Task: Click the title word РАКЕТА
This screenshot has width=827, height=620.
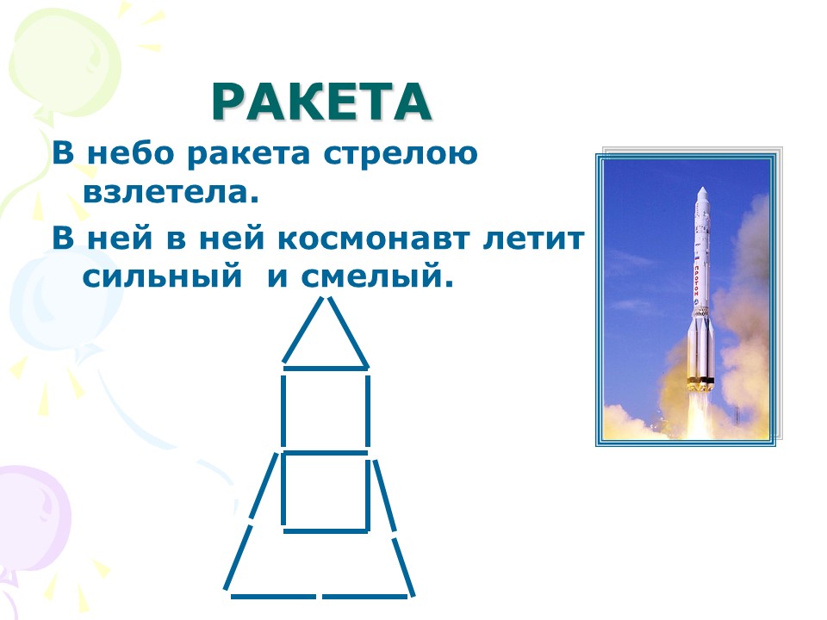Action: [321, 102]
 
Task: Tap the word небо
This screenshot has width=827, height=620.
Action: [130, 153]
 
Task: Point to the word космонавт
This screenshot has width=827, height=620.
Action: [373, 239]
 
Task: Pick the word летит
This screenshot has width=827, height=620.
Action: [533, 239]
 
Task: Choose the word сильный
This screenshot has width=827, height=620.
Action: [162, 276]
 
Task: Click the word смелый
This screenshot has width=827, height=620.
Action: [377, 276]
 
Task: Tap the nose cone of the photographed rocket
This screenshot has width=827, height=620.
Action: [702, 194]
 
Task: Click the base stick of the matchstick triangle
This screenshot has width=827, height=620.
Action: [325, 368]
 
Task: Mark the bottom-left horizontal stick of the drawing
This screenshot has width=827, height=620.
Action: [273, 596]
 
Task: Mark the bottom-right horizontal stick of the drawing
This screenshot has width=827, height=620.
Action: [365, 596]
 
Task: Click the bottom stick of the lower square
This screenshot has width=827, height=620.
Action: [326, 531]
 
